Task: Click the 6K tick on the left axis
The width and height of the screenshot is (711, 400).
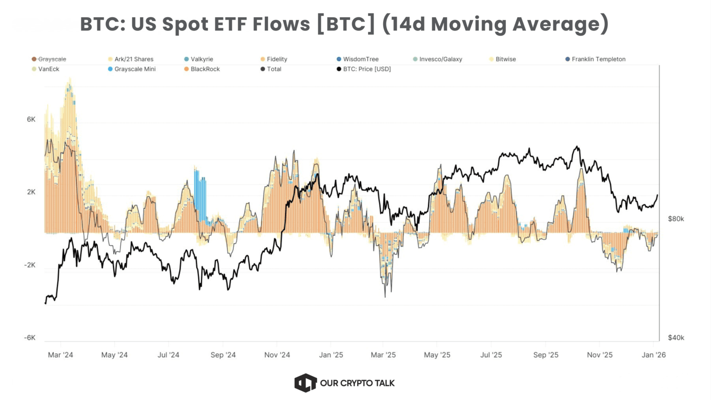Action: click(31, 119)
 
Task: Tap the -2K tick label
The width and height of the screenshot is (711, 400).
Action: click(30, 265)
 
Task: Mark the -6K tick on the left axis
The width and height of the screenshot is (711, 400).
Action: click(30, 338)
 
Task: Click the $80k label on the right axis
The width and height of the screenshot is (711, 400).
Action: click(675, 219)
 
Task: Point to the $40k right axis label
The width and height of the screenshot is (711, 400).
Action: click(675, 338)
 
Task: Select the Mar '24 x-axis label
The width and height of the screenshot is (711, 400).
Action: click(61, 355)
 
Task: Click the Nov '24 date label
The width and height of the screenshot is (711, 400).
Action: click(277, 355)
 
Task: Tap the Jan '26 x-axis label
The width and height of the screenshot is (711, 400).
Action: click(654, 355)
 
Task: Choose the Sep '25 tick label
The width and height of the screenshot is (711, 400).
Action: click(546, 355)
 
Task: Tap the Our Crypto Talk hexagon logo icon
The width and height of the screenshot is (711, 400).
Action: click(306, 383)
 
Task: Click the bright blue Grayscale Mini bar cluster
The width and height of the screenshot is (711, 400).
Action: click(200, 194)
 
